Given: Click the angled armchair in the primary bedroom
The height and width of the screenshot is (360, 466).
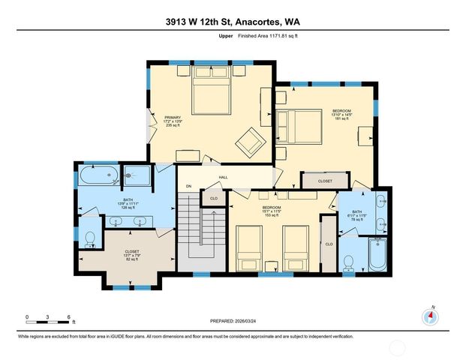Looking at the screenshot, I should coord(250,140).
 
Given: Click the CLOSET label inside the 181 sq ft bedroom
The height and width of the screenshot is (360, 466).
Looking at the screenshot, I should coord(324,181).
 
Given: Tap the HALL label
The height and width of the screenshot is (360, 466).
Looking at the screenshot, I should coord(223,177).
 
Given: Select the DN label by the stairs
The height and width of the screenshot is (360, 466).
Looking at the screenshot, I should coord(189,186).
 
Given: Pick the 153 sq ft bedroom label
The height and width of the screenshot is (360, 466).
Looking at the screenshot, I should coord(271,211).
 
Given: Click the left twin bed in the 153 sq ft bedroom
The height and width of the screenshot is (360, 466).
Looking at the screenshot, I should coord(248,247).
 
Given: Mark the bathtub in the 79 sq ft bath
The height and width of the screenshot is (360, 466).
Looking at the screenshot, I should coord(375,256).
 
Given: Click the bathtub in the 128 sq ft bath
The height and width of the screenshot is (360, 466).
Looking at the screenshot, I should coord(96,178).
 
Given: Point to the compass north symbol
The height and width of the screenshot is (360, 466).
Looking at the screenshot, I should coord(431,316).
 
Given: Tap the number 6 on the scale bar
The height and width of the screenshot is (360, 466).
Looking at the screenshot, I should coord(68,317).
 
